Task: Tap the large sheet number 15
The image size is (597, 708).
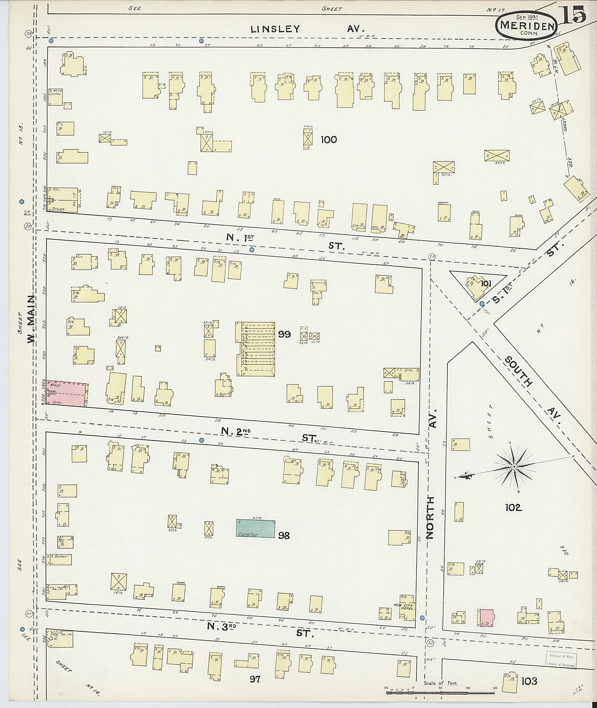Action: click(574, 15)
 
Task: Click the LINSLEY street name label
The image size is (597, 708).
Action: click(275, 29)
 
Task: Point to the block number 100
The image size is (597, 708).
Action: click(329, 139)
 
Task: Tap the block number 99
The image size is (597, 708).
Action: click(284, 334)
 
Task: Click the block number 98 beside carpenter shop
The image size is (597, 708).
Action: click(284, 545)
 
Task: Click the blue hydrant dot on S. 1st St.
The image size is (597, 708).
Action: click(482, 303)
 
